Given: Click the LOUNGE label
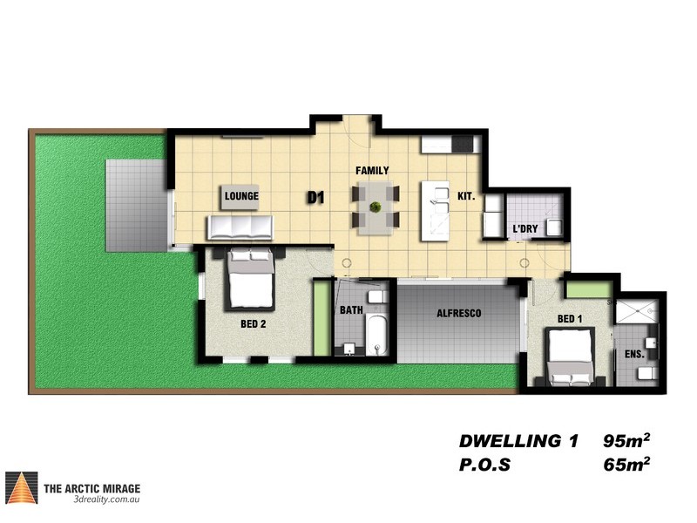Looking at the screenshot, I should point(241,197).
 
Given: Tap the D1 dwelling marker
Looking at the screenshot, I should point(315,198).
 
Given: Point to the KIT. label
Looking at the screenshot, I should point(466,197).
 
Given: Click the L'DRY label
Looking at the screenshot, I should point(524,229).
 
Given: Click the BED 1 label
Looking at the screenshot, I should point(570,319).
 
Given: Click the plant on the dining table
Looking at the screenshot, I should point(375,207).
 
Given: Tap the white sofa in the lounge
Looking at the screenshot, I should point(240,228).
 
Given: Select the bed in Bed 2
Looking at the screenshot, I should point(251,279).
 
